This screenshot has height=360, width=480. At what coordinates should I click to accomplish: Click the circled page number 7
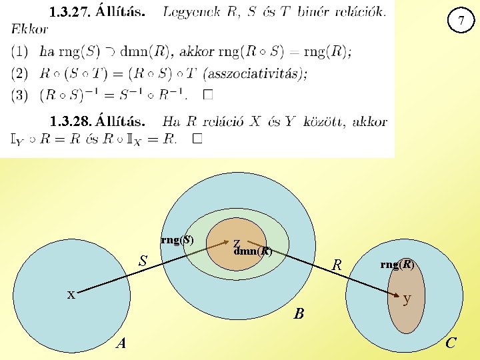[x=460, y=21]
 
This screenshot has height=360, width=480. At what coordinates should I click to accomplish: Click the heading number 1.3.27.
[x=70, y=12]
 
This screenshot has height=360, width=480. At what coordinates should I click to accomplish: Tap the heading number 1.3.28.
[x=70, y=121]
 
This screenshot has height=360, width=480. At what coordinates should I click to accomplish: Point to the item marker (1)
[x=21, y=51]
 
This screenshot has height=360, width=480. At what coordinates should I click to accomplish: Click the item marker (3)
[x=21, y=95]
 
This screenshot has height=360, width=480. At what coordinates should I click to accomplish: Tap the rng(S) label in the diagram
[x=177, y=240]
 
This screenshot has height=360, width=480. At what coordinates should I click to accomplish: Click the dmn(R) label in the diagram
[x=254, y=251]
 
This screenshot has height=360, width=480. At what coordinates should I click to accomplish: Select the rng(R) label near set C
[x=397, y=264]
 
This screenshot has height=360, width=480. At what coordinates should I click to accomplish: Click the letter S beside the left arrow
[x=142, y=260]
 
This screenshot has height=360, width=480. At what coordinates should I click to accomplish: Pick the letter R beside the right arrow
[x=337, y=265]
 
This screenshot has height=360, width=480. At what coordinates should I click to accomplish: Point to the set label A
[x=121, y=343]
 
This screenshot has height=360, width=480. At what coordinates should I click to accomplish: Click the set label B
[x=299, y=313]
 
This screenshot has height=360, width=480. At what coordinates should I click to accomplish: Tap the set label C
[x=451, y=343]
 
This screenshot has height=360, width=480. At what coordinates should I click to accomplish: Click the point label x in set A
[x=70, y=293]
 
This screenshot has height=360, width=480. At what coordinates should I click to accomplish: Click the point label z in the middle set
[x=237, y=244]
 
